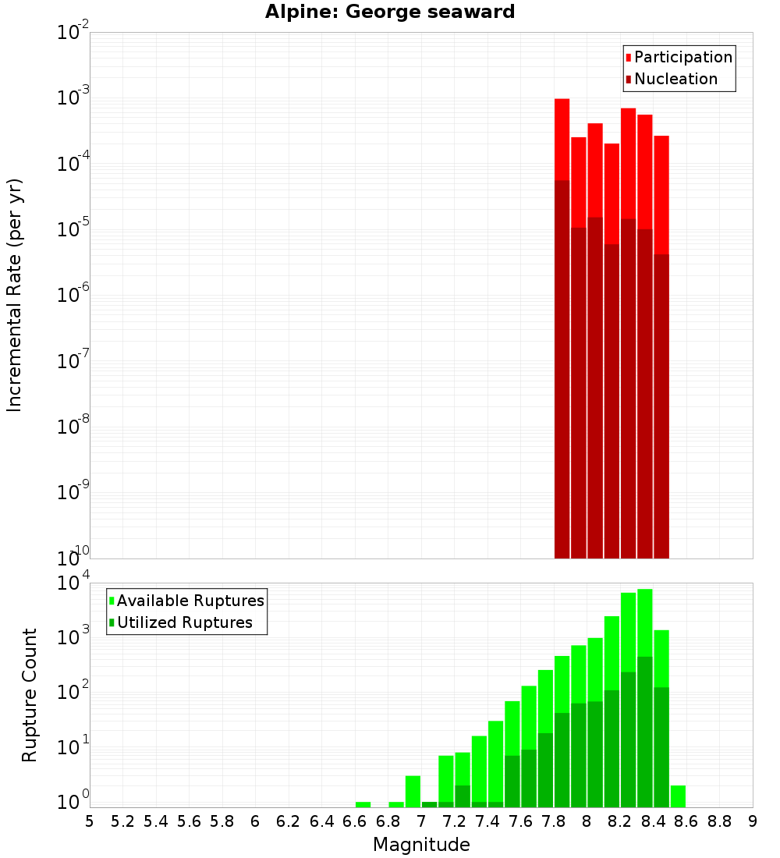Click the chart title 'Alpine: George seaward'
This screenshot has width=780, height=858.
click(x=390, y=12)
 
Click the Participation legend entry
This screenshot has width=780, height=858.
click(x=682, y=58)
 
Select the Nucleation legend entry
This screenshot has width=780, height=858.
click(x=675, y=80)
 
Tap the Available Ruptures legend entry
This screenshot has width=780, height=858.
click(x=190, y=601)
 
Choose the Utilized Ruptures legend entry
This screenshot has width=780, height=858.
click(x=184, y=622)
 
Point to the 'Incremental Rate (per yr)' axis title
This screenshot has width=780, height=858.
click(x=15, y=295)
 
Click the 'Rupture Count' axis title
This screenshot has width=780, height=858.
click(x=30, y=694)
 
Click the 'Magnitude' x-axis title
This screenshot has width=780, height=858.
click(x=421, y=845)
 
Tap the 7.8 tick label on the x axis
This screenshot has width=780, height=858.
click(x=554, y=821)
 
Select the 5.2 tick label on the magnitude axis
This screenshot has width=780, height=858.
click(x=123, y=821)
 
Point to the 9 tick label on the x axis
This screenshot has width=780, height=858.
click(x=752, y=821)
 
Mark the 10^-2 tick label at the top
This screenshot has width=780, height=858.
click(x=73, y=33)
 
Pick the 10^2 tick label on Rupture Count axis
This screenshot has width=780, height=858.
click(x=73, y=693)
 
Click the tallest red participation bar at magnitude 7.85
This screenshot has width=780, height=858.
click(x=562, y=140)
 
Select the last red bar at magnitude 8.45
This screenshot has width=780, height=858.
click(x=661, y=195)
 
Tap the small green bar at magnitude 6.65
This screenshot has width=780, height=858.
click(x=363, y=804)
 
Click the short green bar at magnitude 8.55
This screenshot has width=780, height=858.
click(x=678, y=796)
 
